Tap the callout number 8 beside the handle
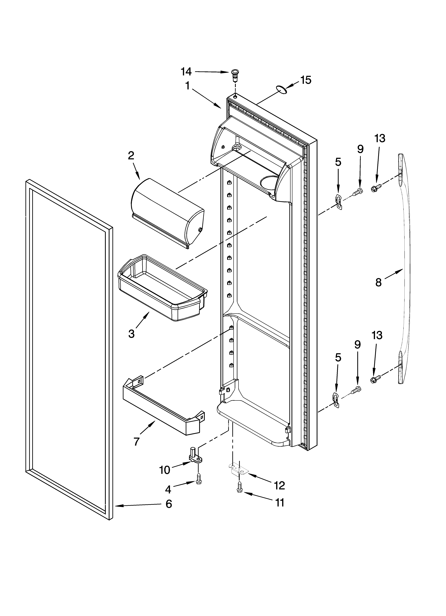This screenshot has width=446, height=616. tap(378, 282)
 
